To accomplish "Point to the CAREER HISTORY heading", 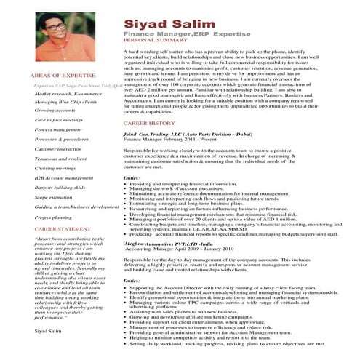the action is tap(151, 124).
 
